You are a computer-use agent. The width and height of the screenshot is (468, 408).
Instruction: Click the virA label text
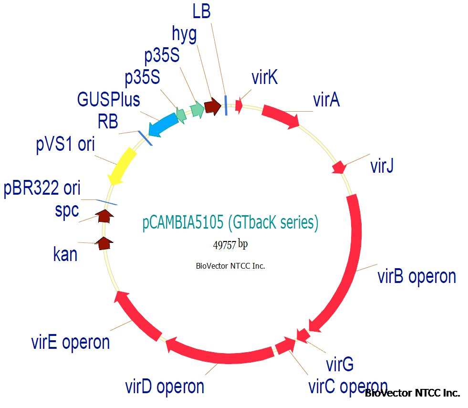pos(326,100)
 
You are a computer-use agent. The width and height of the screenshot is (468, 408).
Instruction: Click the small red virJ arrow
pos(339,167)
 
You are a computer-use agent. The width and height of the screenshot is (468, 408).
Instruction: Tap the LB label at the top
pos(202,11)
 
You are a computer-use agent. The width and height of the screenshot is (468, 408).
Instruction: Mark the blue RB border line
pos(145,138)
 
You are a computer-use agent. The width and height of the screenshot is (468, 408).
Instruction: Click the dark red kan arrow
pos(104,243)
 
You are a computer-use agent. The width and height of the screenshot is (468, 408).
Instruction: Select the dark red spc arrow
pos(104,216)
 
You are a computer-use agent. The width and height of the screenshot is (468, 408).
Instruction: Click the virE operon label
pos(71,342)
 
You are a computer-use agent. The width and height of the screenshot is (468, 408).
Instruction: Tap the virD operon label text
pos(165,386)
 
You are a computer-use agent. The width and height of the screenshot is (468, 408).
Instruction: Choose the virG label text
pos(340,365)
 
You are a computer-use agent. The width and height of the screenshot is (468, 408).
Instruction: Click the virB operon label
pos(416,276)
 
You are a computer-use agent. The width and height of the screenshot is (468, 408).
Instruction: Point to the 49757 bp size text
pos(230,244)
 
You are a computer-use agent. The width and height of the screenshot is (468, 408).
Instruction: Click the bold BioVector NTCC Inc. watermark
pos(412,393)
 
